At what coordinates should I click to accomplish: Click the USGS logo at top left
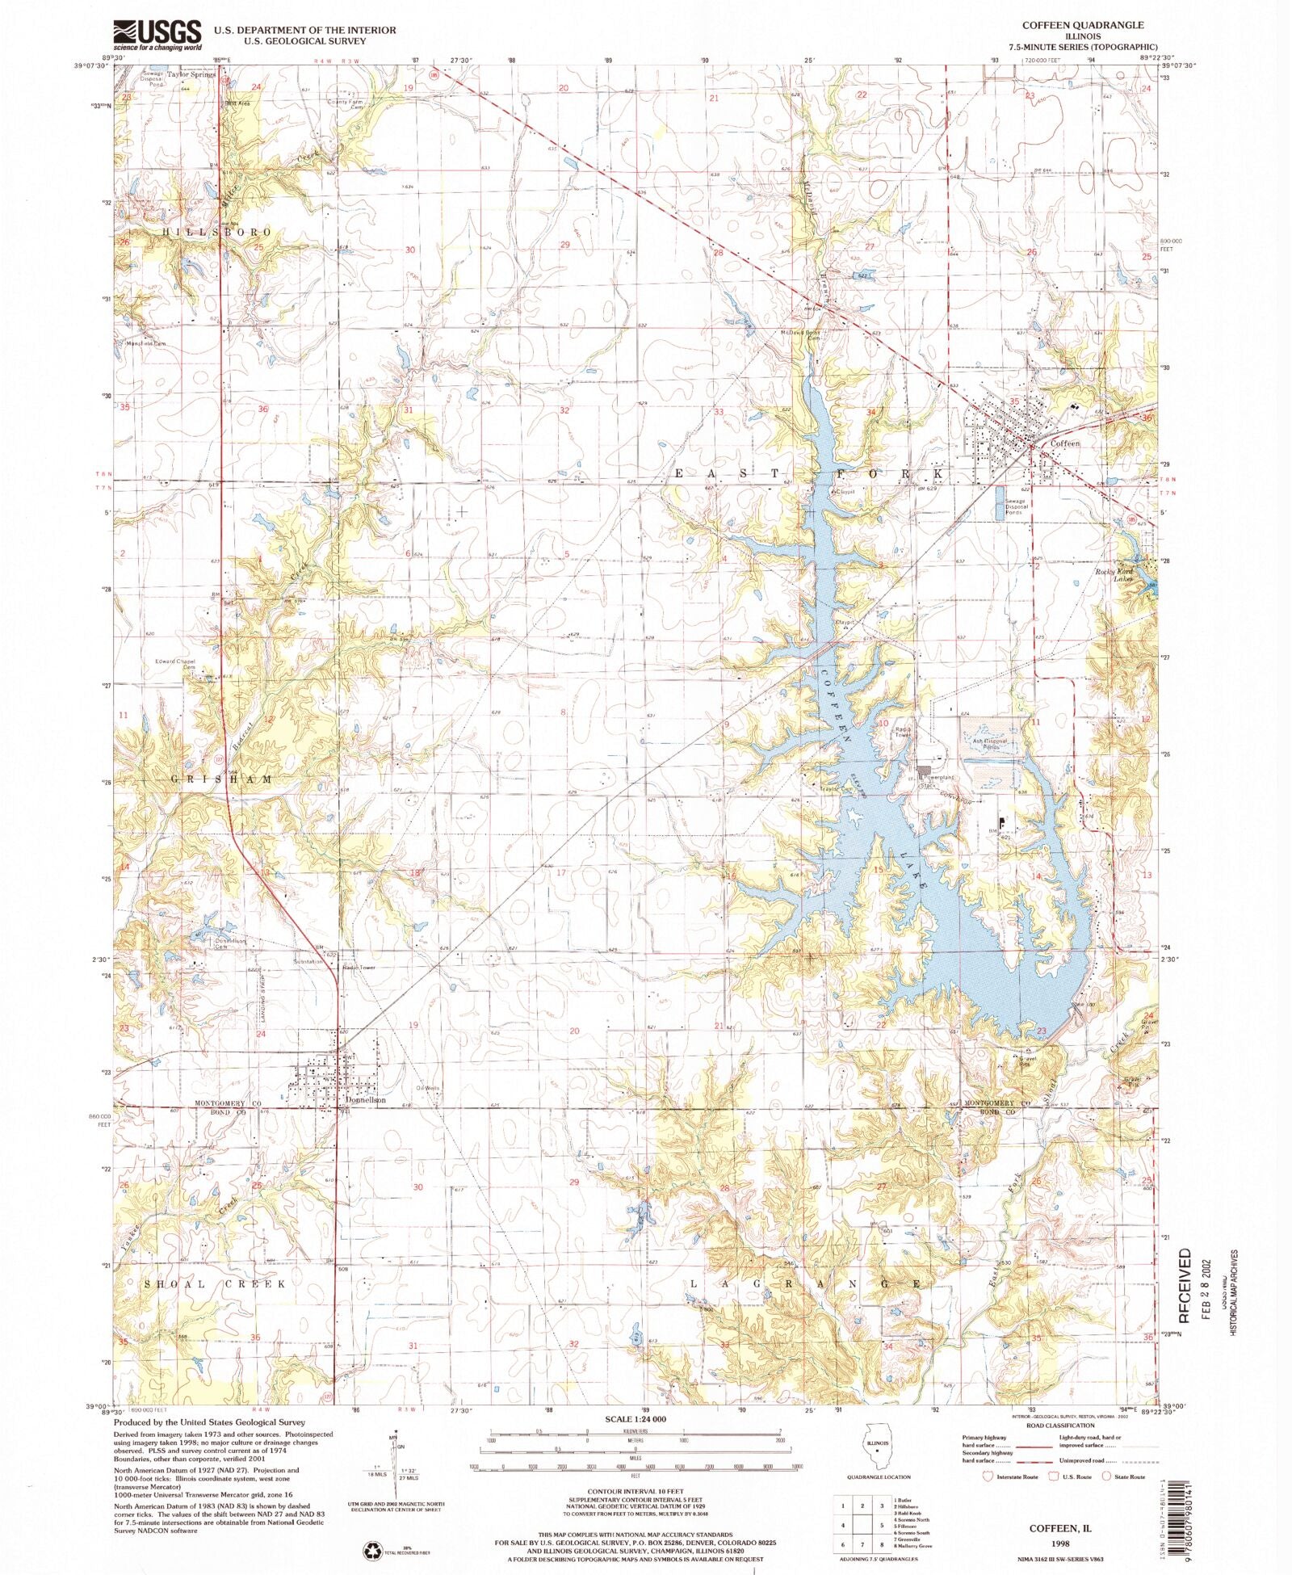[x=157, y=35]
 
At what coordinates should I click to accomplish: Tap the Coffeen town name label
[x=1063, y=443]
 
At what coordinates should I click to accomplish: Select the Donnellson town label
[x=364, y=1100]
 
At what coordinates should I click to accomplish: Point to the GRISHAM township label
[x=221, y=779]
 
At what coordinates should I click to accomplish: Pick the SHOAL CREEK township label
[x=214, y=1284]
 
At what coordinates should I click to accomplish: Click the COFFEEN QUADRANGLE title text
[x=1082, y=25]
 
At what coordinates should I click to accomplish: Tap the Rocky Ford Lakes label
[x=1114, y=575]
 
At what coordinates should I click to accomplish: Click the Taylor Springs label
[x=191, y=74]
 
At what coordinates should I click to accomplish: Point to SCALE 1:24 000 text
[x=636, y=1419]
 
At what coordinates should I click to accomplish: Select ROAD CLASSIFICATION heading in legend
[x=1059, y=1426]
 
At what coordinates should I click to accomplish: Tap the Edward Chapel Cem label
[x=175, y=664]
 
